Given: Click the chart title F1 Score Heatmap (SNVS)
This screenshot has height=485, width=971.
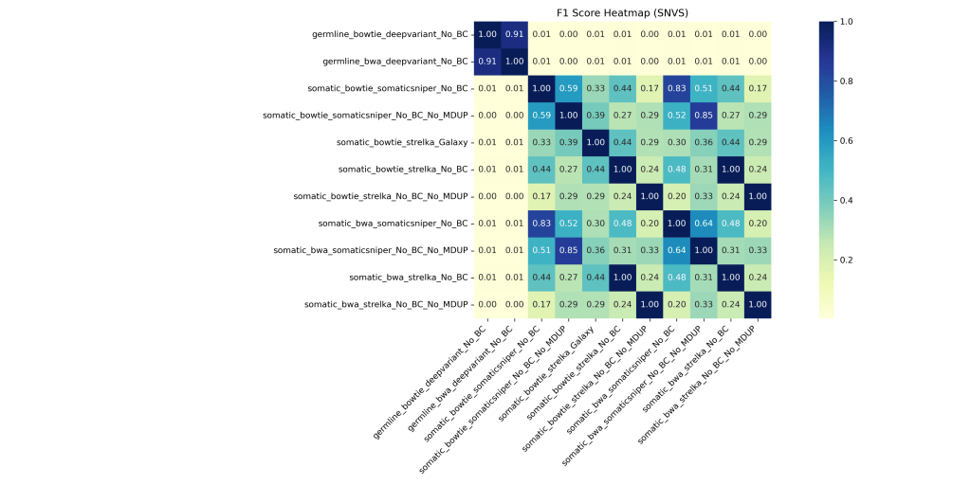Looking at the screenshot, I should point(622,12).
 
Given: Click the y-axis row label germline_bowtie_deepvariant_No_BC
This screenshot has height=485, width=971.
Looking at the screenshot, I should point(390,34).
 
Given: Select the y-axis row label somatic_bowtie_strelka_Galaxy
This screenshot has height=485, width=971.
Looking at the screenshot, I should point(402,142).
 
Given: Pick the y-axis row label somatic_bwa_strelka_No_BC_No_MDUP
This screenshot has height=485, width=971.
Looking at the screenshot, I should point(386,304).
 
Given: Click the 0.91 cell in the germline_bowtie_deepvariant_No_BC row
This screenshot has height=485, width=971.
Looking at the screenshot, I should point(514,34).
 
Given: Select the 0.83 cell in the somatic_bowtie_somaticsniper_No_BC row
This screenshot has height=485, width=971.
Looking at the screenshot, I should point(676,88).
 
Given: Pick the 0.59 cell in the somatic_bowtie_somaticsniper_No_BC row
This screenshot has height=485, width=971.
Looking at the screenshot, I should point(568,88).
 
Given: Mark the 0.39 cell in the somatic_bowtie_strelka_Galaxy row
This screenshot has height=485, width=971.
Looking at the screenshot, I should point(568,142).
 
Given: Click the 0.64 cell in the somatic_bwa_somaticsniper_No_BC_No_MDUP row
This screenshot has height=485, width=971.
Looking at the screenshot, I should point(676,250).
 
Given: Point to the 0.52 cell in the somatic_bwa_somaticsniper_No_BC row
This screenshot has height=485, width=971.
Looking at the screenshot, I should point(568,224).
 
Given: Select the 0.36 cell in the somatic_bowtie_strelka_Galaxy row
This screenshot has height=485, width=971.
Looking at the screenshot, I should point(703,142).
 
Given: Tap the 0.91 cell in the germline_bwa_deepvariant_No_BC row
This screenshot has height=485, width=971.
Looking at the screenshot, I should point(487,62).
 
